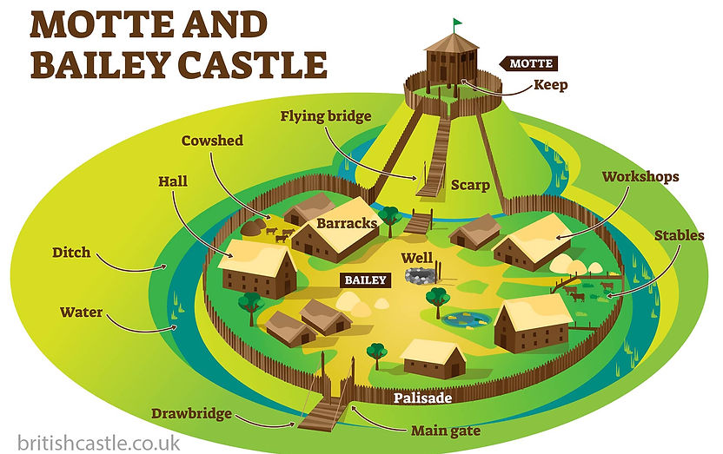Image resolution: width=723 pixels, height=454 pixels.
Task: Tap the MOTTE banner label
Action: coord(527,63)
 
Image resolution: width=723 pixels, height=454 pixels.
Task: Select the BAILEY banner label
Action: coord(363,280)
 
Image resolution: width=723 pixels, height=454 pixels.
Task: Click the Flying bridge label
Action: coord(326,116)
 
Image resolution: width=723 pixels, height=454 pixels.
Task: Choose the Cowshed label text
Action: coord(212,141)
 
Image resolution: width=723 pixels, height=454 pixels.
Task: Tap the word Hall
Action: coord(173,182)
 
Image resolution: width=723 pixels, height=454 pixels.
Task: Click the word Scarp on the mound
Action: coord(470,186)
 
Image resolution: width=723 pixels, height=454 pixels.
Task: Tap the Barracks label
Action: coord(347,223)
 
